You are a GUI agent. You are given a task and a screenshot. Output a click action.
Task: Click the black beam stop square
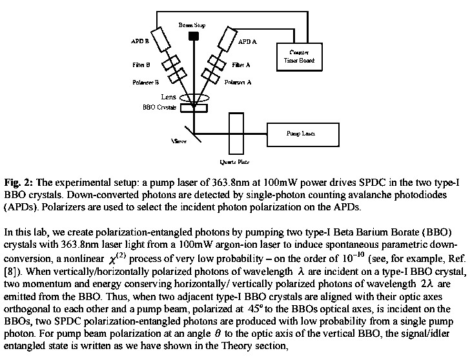tap(192, 36)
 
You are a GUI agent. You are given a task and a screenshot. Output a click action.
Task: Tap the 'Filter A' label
tap(240, 65)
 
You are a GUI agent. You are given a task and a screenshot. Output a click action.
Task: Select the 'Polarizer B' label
tap(139, 83)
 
